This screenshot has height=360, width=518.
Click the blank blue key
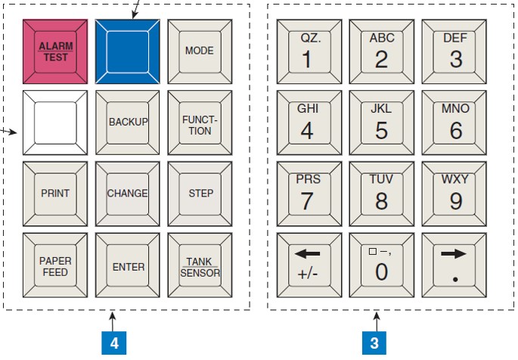pos(127,51)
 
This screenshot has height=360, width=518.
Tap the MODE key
pos(200,51)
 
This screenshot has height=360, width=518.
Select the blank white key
pos(54,123)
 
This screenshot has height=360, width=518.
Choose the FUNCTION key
pos(200,123)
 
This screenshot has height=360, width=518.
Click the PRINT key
pos(54,194)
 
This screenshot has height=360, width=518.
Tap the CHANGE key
pos(127,194)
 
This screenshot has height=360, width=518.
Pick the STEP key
pos(200,194)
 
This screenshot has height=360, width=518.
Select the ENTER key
pos(127,266)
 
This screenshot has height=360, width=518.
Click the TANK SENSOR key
pos(200,266)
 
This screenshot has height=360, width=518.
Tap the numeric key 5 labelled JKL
pos(382,123)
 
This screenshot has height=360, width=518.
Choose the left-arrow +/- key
pos(309,266)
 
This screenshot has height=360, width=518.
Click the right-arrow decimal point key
pos(455,266)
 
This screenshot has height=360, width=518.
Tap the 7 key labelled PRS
pos(309,194)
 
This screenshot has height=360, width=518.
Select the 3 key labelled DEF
pos(455,51)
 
